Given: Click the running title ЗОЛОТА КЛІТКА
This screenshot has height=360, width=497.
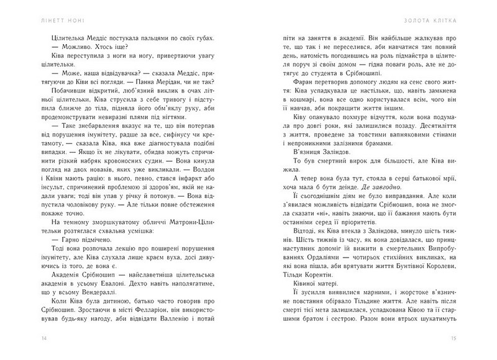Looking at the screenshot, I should click(x=449, y=12).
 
